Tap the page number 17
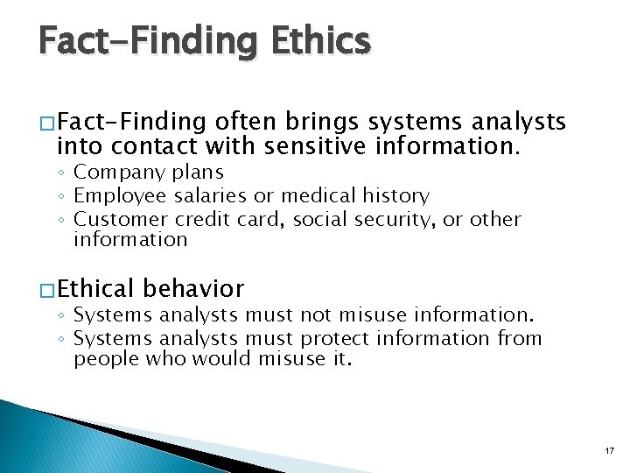click(609, 449)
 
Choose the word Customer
click(121, 218)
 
